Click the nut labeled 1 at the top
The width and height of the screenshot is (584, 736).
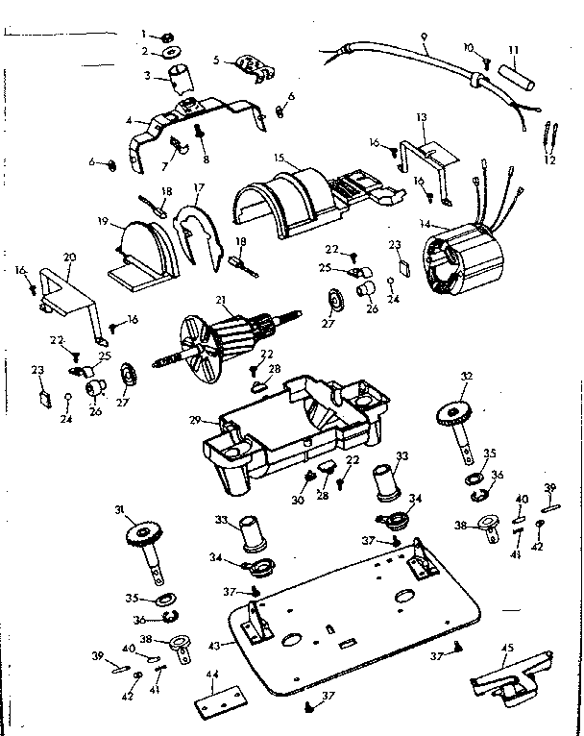[x=167, y=36]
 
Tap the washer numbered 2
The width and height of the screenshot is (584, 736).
[x=170, y=51]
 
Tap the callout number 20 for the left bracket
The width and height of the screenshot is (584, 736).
[x=68, y=258]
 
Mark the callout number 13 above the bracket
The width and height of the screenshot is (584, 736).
[x=420, y=116]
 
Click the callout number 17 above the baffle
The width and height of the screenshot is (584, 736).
[x=200, y=188]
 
